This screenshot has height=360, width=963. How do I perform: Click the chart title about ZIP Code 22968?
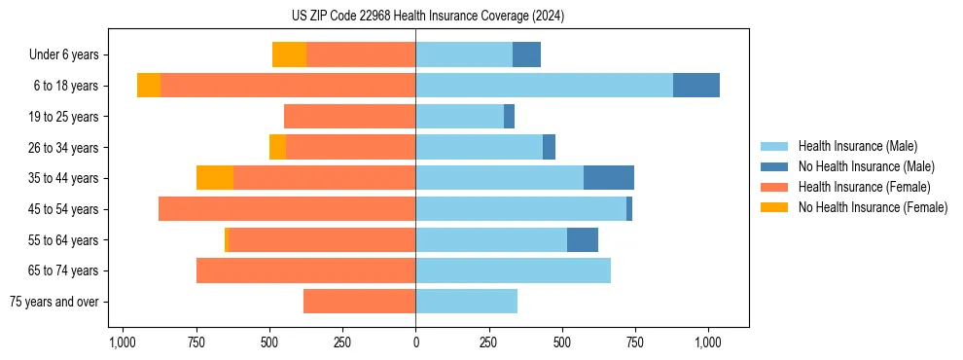[x=415, y=17]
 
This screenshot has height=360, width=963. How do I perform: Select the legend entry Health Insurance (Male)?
[x=857, y=146]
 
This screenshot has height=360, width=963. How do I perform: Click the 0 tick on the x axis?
[x=415, y=342]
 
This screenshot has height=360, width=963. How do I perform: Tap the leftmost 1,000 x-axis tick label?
[x=122, y=342]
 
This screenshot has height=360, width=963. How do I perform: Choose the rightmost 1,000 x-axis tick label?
[x=708, y=342]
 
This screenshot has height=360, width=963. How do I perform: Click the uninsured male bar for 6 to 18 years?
[x=696, y=86]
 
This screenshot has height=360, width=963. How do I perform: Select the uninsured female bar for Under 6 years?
[x=289, y=54]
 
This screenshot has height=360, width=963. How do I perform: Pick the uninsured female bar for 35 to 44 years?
[x=215, y=178]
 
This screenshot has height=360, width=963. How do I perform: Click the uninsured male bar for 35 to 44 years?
[x=609, y=178]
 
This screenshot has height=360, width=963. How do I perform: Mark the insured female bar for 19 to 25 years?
[x=349, y=117]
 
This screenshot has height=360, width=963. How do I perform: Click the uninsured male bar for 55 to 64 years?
[x=583, y=239]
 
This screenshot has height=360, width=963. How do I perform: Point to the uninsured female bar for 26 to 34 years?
[x=277, y=147]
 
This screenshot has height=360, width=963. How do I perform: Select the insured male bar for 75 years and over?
[x=466, y=302]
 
